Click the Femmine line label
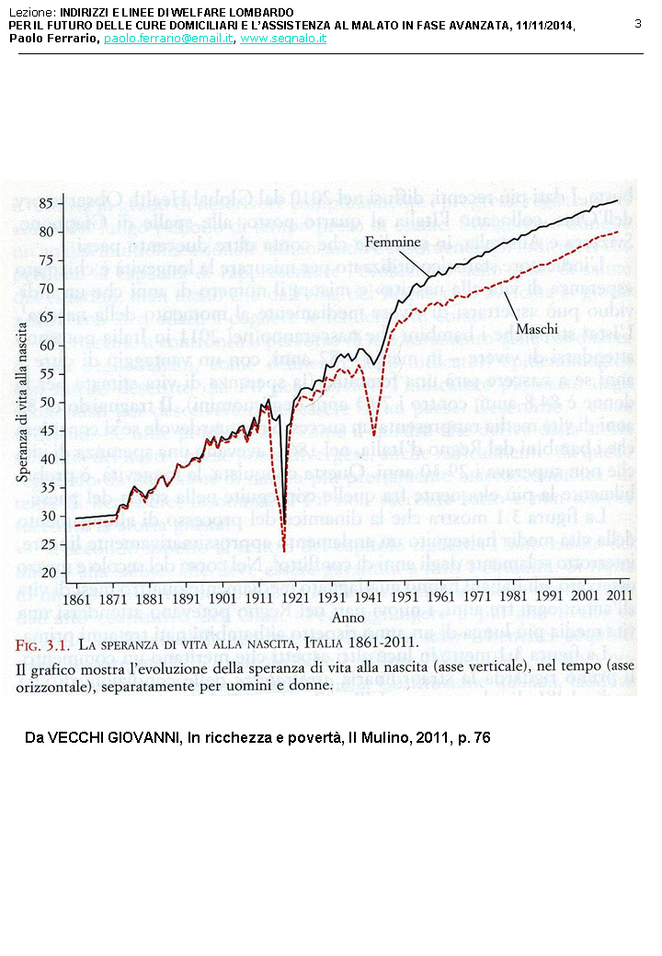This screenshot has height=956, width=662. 393,242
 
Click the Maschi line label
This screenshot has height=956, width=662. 537,328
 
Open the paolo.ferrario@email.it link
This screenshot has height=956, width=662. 168,39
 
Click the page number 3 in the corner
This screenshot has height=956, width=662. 638,23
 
